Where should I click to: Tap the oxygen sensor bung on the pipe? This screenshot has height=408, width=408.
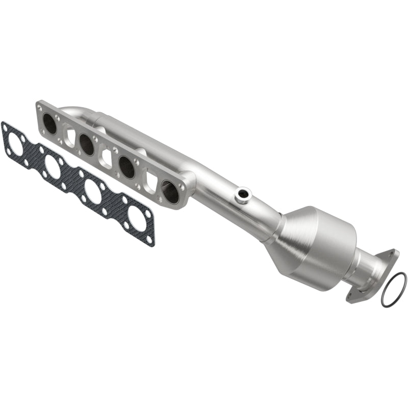tap(243, 194)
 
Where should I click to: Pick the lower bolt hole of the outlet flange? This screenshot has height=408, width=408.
tap(350, 295)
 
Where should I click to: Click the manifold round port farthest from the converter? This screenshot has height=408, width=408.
tap(49, 123)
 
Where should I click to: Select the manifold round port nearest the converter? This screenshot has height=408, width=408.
tap(170, 191)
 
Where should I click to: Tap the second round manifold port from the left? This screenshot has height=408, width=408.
tap(87, 145)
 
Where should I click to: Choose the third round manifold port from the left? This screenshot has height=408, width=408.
tap(126, 166)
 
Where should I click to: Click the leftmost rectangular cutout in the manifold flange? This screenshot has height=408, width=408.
tap(69, 137)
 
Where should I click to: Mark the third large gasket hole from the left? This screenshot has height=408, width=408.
tap(93, 191)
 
